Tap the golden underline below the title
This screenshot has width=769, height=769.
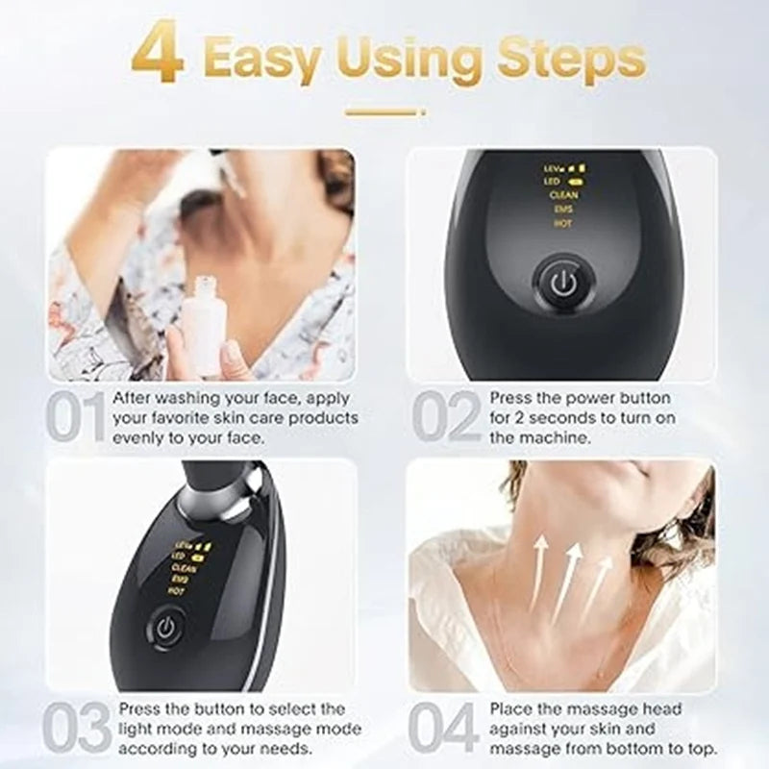coord(384,112)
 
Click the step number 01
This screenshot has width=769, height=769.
coord(76,416)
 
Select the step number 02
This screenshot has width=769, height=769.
coord(446,416)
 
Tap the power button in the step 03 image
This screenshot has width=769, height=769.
coord(164,629)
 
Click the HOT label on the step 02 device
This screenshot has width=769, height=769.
coord(562,223)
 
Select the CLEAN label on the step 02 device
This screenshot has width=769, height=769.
coord(562,194)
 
